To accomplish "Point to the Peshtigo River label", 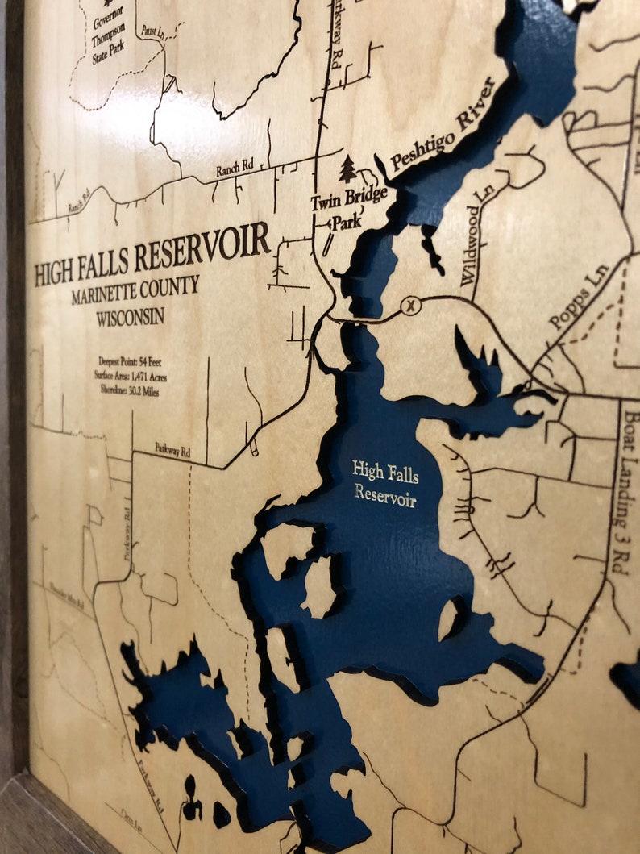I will [x=443, y=125].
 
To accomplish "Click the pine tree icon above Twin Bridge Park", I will [x=347, y=169].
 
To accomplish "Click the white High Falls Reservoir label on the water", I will [x=385, y=483].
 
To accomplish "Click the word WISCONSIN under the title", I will [x=130, y=315].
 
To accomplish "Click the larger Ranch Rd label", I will [x=234, y=168].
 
